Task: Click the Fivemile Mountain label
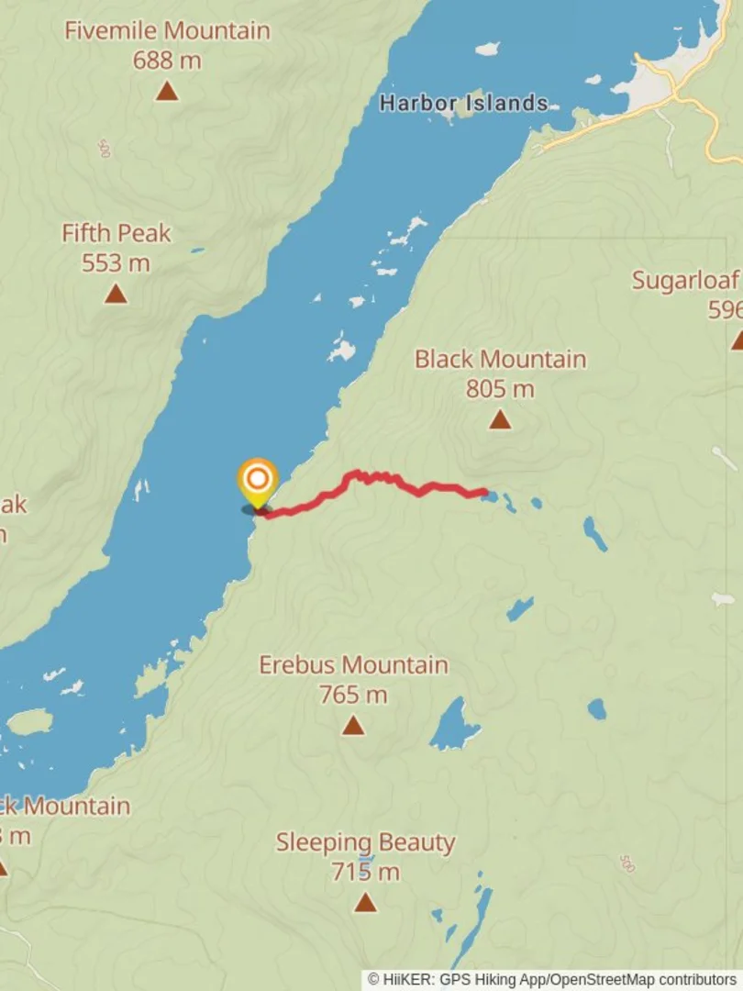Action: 167,30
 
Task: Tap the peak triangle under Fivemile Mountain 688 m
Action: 166,91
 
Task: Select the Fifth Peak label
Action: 116,233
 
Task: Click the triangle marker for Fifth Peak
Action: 116,294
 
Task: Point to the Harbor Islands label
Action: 464,104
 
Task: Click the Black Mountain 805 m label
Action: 500,359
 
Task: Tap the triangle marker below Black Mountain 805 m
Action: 499,419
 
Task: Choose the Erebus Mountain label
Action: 353,664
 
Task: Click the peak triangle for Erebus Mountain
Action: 353,726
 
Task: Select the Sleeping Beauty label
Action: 365,842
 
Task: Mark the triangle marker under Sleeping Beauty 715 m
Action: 365,903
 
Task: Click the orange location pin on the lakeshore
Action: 258,479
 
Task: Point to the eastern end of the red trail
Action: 484,493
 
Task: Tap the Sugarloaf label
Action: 686,281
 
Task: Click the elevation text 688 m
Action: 166,61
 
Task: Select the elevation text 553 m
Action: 116,263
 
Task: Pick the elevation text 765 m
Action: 353,695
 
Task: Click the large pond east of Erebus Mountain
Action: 454,725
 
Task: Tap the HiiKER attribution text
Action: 551,980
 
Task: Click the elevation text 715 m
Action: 365,872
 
